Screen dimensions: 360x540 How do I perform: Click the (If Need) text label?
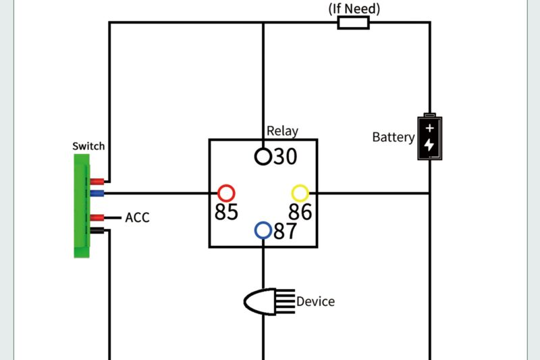(354, 9)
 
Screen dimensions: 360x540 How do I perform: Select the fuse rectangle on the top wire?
(353, 23)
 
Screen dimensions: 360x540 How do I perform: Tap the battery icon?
(429, 136)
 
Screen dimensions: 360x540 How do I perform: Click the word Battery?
(394, 137)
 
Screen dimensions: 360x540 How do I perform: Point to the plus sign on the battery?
(429, 128)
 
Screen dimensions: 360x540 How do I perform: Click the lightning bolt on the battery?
(429, 145)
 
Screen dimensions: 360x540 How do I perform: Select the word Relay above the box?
(282, 131)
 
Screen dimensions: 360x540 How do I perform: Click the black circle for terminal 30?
(263, 156)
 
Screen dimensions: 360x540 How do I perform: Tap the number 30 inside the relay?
(284, 157)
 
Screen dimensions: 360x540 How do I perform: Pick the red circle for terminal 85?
(225, 192)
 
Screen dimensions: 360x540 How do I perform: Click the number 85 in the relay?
(226, 212)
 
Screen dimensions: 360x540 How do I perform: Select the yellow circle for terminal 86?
(300, 192)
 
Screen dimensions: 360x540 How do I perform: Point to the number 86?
(300, 212)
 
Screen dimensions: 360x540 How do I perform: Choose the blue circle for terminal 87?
(263, 231)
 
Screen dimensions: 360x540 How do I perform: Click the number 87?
(285, 232)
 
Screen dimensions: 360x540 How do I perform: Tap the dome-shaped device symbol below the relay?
(261, 301)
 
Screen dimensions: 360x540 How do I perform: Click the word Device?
(315, 301)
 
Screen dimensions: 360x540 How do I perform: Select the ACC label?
(137, 218)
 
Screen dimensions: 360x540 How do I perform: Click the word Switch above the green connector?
(88, 146)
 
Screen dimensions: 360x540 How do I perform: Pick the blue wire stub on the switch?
(97, 193)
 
